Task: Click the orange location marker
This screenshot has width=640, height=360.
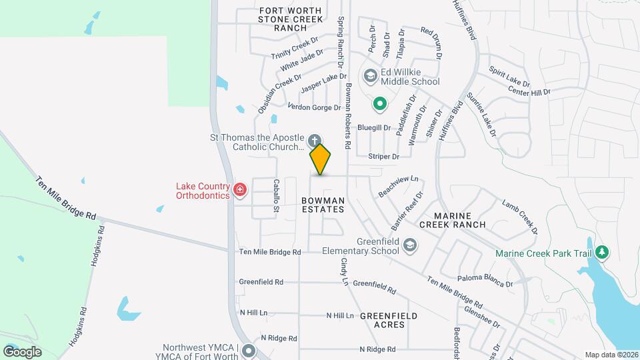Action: pos(321,159)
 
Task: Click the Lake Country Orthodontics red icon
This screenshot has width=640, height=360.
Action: pos(240,191)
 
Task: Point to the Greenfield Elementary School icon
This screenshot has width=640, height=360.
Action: pos(409,247)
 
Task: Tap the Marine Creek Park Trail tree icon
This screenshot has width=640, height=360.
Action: pos(603,253)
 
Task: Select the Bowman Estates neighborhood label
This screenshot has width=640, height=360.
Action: pos(323,205)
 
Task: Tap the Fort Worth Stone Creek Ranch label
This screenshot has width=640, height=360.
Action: pos(291,19)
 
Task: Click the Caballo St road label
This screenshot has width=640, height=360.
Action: pos(275,196)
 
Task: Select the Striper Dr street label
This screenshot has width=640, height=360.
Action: pos(383,157)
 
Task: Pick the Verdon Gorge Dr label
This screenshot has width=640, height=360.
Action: pos(314,107)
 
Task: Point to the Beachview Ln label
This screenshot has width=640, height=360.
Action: pos(399,185)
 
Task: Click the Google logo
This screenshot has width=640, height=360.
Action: pos(22,351)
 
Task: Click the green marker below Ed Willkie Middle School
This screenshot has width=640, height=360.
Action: pos(379,103)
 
